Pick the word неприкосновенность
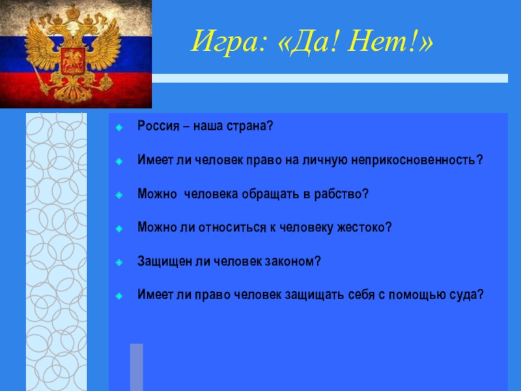click(417, 160)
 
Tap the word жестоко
click(365, 227)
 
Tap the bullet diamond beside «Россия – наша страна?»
click(119, 127)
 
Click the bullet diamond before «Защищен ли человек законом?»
click(119, 263)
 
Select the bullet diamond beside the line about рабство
click(119, 195)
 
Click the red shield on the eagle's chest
click(73, 61)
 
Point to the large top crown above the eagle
click(72, 12)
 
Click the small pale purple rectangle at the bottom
click(137, 367)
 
